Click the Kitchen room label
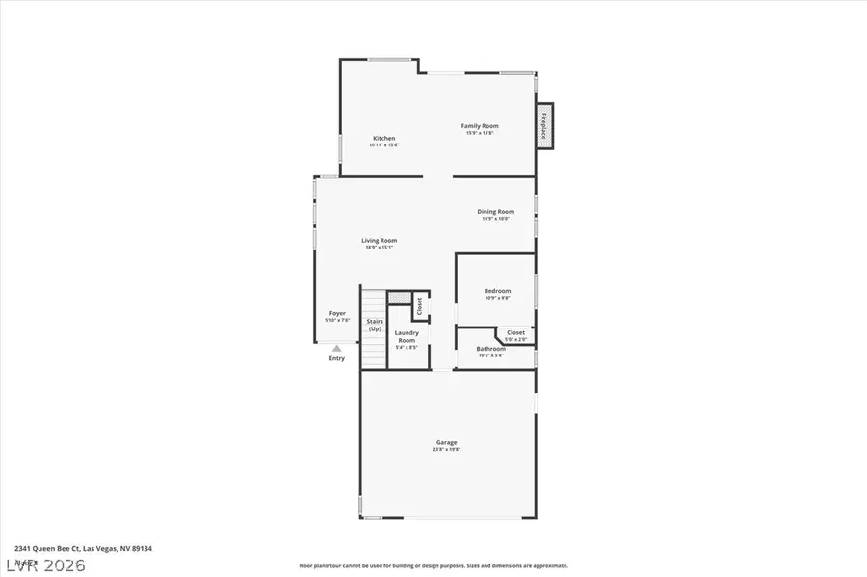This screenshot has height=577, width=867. [x=383, y=138]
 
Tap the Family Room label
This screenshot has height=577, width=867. [x=480, y=126]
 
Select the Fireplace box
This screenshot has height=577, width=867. [x=544, y=126]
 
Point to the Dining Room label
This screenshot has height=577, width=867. [x=495, y=211]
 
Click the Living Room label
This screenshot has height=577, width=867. [x=379, y=240]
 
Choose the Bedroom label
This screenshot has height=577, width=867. [x=497, y=290]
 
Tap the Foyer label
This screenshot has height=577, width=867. [x=337, y=313]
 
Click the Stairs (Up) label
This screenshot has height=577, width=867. [x=375, y=325]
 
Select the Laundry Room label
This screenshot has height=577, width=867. [x=407, y=336]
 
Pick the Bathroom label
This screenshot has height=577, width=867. [x=491, y=348]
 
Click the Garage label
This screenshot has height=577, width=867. [x=445, y=442]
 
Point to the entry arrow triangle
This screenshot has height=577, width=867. [x=336, y=349]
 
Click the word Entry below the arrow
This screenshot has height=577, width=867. [x=336, y=358]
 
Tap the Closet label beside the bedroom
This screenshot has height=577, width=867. [x=516, y=332]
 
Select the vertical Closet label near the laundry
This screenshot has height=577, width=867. [x=419, y=305]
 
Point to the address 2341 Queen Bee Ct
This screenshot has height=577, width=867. [x=83, y=548]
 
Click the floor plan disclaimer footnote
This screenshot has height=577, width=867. [x=433, y=566]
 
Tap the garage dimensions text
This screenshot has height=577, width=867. [x=445, y=449]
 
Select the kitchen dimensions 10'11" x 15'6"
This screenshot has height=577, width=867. [x=383, y=144]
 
